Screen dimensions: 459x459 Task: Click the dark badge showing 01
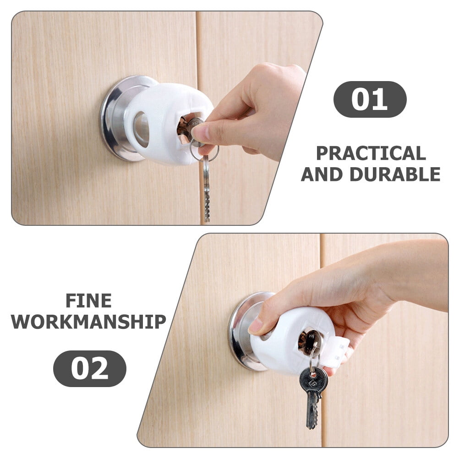(370, 99)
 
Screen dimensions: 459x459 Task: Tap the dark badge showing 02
(89, 368)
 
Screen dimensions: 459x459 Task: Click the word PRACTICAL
(371, 153)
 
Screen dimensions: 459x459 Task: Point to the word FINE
(88, 301)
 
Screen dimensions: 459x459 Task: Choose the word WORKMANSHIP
(88, 322)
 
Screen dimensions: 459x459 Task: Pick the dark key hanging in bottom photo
(313, 389)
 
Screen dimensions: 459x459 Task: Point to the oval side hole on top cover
(141, 130)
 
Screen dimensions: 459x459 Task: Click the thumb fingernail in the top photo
(201, 132)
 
